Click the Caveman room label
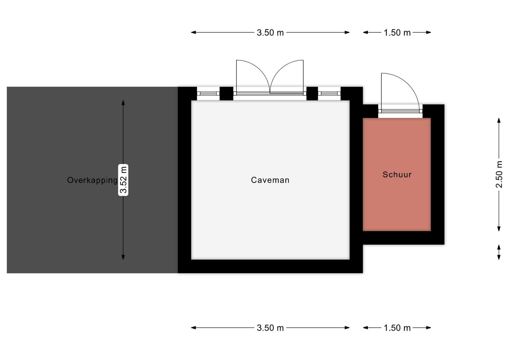click(270, 180)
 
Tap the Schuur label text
click(397, 174)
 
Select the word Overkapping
click(92, 180)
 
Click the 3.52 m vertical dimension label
click(123, 180)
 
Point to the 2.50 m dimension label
click(499, 174)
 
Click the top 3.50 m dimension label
click(270, 33)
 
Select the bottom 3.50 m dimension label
click(270, 328)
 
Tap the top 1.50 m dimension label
click(397, 33)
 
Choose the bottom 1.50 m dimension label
click(397, 328)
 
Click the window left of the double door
click(208, 94)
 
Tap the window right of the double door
click(329, 94)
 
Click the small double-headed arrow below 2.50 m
click(499, 252)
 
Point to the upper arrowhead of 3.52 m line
click(123, 102)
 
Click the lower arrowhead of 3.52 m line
click(123, 257)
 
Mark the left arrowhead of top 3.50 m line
click(193, 33)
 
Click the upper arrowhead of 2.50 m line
click(499, 120)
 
